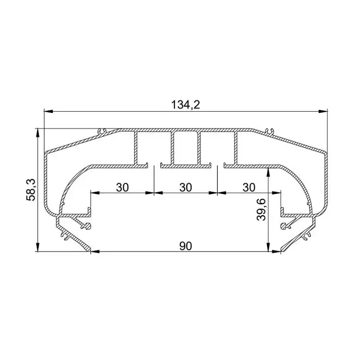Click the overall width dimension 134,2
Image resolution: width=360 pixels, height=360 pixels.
tap(185, 105)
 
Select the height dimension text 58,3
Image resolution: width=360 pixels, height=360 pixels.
tap(31, 190)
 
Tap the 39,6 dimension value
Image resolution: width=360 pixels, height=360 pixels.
tap(261, 210)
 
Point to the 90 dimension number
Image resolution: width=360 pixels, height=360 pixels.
tap(185, 246)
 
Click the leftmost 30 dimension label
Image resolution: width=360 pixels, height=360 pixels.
tap(122, 187)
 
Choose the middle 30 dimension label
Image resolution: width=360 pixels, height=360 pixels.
tap(185, 187)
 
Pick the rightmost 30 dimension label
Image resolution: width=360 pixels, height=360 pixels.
tap(249, 187)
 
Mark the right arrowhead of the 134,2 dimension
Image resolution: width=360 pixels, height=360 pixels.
tap(323, 111)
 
